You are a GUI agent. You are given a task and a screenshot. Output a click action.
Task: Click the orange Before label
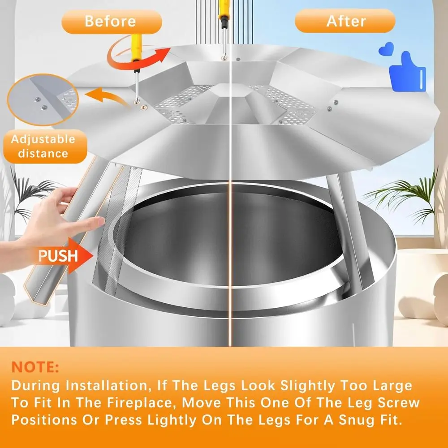point(111,21)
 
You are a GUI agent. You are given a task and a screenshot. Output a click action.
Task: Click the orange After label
point(345,21)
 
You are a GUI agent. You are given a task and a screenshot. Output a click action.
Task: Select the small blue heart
point(386,49)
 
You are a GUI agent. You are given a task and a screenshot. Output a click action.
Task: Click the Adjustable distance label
point(43,146)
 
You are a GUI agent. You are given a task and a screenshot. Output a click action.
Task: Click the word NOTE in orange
point(35,367)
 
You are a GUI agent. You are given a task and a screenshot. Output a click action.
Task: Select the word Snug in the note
point(350,420)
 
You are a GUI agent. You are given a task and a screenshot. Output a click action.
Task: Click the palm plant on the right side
point(403,197)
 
